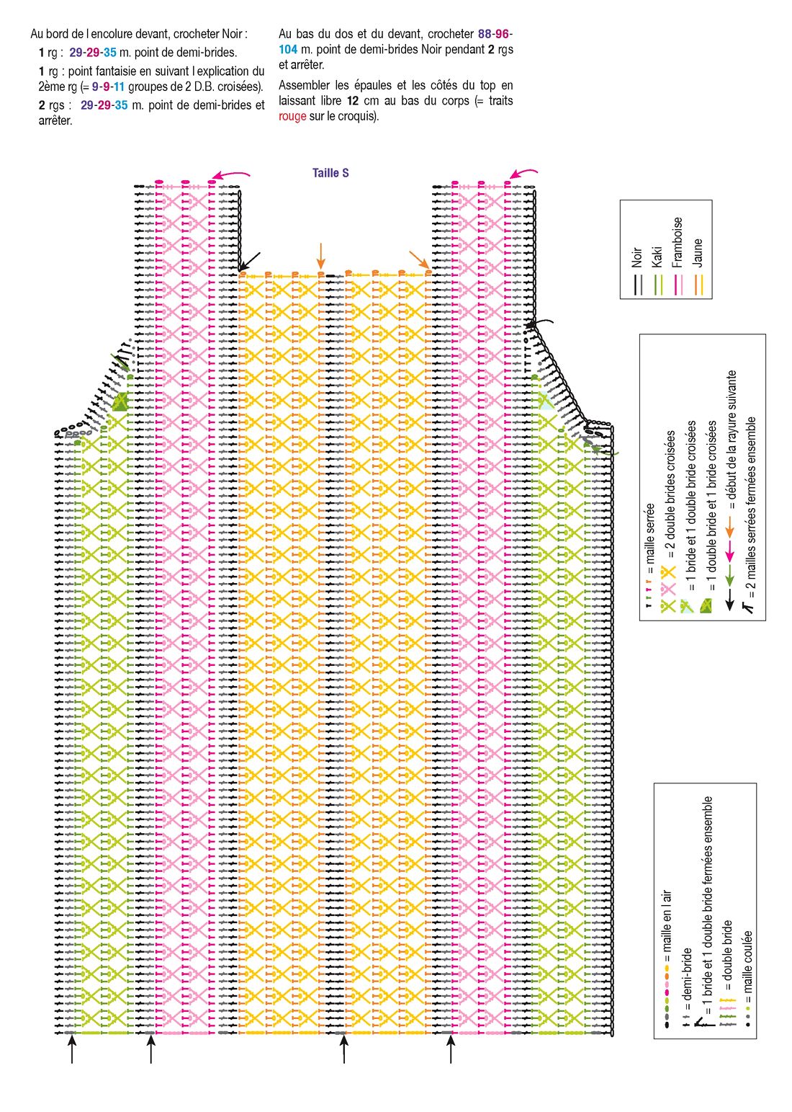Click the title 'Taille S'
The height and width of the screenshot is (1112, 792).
tap(330, 173)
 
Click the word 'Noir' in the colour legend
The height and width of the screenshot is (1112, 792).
tap(636, 257)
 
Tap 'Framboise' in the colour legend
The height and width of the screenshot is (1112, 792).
tap(678, 242)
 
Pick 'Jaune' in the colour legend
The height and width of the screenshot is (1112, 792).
tap(697, 253)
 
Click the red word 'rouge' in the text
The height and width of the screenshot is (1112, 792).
tap(292, 117)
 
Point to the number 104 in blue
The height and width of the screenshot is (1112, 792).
tap(287, 49)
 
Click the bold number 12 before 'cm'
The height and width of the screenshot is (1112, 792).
tap(353, 101)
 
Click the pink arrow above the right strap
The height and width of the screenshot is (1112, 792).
tap(523, 172)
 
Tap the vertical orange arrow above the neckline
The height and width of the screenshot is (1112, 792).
tap(321, 256)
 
